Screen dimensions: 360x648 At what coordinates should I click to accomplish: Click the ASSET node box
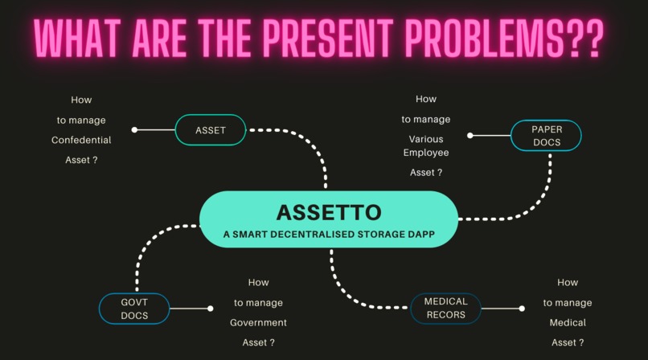210,130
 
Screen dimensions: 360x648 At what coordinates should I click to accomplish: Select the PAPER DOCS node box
546,136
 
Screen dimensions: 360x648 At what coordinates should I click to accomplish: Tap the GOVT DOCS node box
134,309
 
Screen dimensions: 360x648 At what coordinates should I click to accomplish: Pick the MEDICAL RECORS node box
445,309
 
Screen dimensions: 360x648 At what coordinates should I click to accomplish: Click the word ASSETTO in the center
328,212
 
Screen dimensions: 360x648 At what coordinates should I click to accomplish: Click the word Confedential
81,140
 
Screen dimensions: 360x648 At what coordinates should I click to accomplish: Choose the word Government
258,322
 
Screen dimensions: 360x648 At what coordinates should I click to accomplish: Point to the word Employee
426,152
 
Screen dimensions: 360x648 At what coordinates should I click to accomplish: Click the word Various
426,138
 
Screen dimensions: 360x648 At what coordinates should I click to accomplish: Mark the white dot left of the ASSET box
134,129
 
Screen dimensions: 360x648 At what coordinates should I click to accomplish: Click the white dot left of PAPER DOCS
470,136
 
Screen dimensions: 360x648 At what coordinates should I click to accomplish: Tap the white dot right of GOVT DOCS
210,309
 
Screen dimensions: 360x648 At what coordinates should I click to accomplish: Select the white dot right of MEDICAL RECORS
522,309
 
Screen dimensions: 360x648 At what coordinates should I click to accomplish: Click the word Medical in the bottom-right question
568,322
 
